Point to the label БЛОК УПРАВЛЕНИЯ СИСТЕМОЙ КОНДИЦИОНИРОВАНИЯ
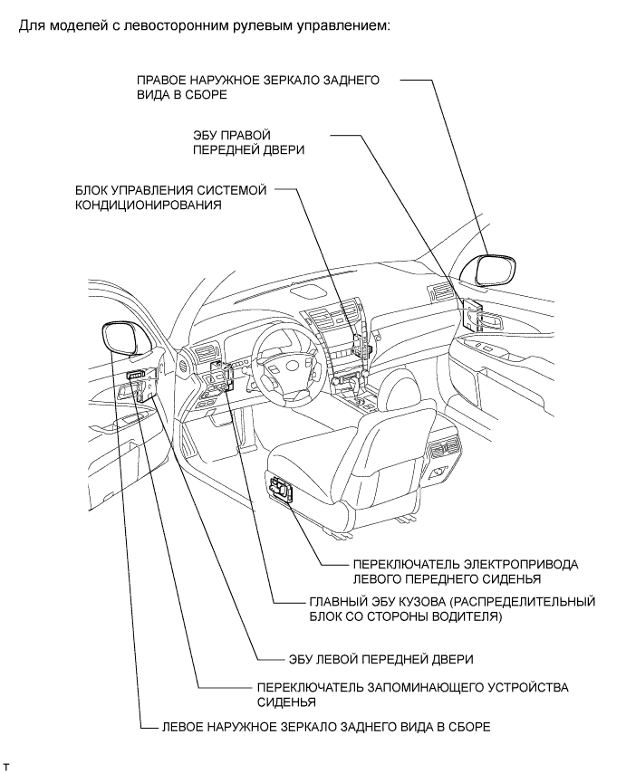click(x=171, y=197)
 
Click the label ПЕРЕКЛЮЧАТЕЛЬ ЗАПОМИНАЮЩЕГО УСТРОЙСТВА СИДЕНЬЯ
click(x=412, y=693)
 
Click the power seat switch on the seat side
click(x=284, y=490)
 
